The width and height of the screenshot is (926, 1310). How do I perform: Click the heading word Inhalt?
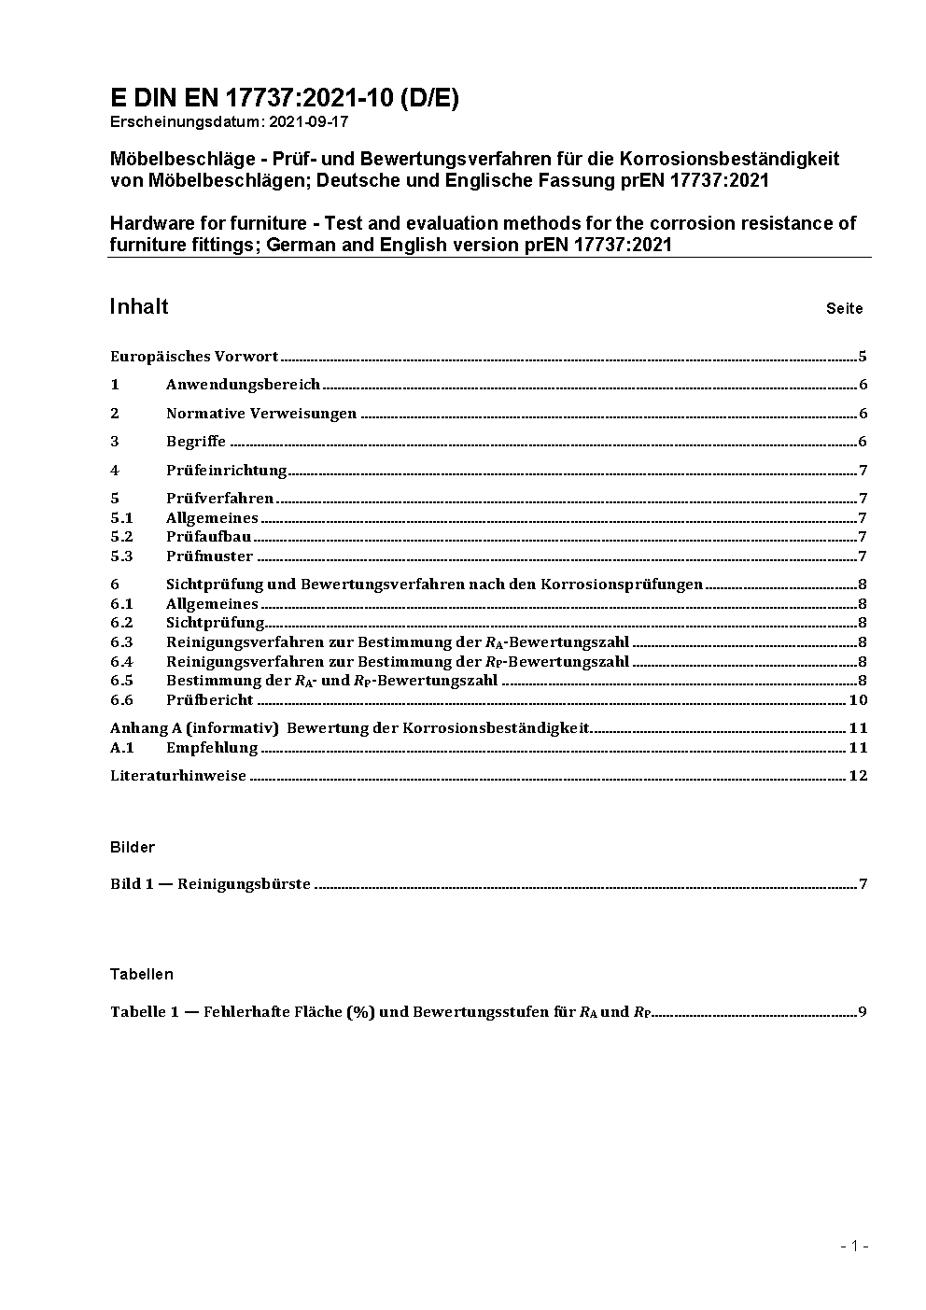[139, 307]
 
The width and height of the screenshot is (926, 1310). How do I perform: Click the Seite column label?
[844, 309]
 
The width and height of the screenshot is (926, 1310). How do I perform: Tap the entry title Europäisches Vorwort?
[194, 357]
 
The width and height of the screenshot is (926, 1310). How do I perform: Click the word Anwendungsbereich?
[243, 385]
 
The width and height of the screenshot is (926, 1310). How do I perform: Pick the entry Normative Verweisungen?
[261, 414]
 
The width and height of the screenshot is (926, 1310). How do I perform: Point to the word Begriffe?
[196, 442]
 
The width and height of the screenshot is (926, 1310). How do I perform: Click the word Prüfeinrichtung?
[226, 471]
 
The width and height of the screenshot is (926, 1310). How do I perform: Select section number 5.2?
[121, 537]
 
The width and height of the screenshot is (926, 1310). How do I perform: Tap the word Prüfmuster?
[209, 556]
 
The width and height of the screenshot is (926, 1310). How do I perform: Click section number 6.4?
[121, 662]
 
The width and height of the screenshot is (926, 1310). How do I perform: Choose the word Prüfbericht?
[209, 700]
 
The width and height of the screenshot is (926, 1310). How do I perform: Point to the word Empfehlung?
[212, 748]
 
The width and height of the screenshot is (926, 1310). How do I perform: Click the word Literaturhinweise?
[178, 776]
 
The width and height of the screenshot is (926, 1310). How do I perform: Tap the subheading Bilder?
[133, 848]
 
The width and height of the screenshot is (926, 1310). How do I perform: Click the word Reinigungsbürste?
[244, 884]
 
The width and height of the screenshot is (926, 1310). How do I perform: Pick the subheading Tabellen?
[142, 975]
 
